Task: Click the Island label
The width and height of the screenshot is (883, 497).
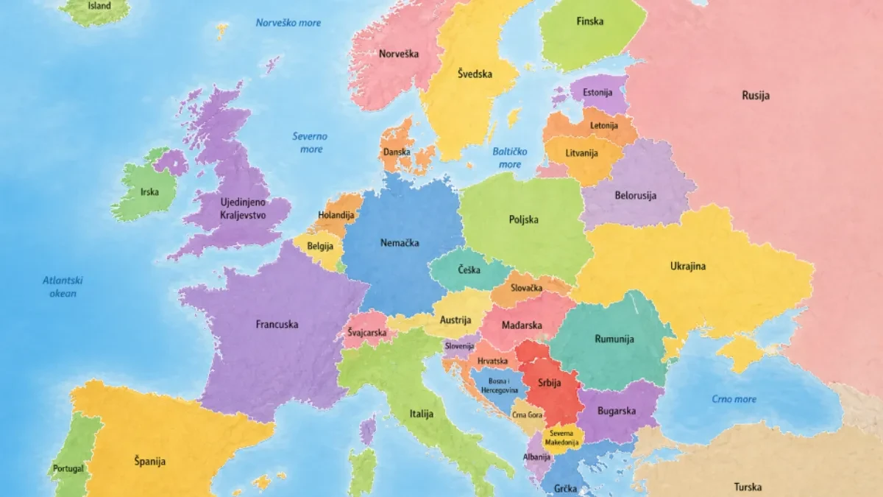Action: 99,6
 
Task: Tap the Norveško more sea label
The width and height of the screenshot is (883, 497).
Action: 288,23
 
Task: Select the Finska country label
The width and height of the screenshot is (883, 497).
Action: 589,21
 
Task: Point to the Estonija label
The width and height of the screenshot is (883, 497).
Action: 597,93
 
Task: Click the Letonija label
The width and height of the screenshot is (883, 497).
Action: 603,125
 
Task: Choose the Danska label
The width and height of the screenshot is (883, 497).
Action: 396,152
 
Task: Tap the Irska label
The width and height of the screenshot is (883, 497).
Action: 149,192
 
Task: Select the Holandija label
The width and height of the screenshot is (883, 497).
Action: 336,216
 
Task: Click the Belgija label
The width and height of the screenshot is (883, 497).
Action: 321,245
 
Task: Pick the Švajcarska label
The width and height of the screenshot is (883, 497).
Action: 367,334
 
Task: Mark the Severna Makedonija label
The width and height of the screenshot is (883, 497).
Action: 562,438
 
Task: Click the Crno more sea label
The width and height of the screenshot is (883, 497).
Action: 734,399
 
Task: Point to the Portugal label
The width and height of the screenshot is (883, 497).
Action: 68,468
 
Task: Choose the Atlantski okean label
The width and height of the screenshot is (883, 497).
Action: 63,286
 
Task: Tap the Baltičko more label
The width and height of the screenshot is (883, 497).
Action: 510,158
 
